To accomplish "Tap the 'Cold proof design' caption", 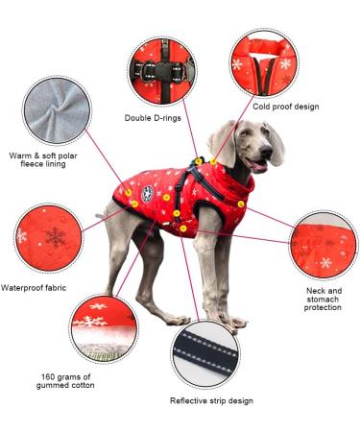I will point(286,107).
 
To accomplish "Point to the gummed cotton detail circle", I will point(103,327).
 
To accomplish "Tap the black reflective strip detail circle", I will point(205,355).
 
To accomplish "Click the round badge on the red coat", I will point(148,194).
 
